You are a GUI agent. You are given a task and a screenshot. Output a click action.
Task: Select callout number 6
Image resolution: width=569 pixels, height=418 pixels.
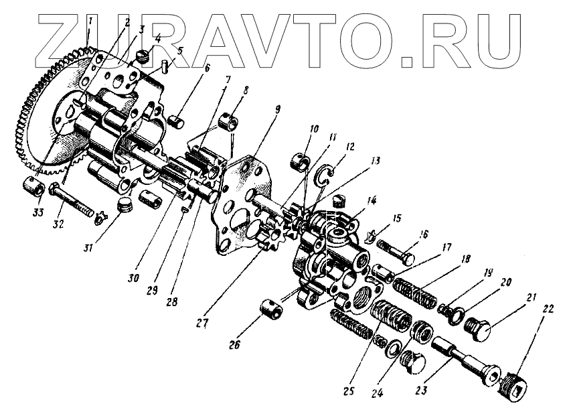(x=207, y=68)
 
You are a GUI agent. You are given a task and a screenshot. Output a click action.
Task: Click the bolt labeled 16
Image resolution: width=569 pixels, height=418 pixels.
(x=399, y=255)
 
